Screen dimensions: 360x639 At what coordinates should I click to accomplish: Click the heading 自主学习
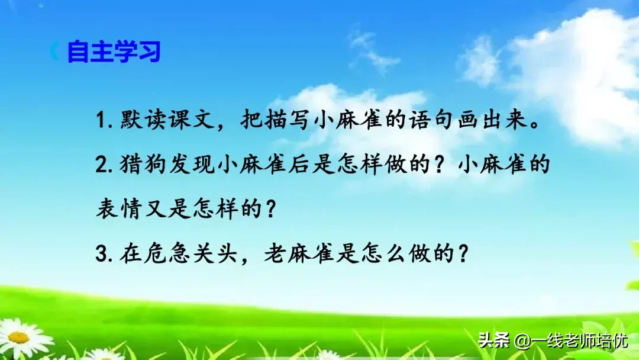pyautogui.click(x=114, y=52)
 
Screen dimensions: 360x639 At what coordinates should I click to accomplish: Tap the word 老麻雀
pyautogui.click(x=299, y=254)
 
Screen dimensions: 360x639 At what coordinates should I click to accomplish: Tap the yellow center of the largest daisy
pyautogui.click(x=19, y=338)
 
